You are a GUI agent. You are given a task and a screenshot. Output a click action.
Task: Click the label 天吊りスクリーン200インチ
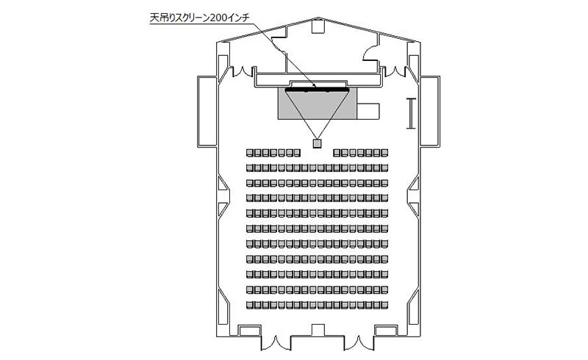click(x=199, y=18)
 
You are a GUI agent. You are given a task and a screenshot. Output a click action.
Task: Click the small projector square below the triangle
click(x=318, y=143)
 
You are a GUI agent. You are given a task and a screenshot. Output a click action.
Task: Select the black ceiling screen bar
click(x=318, y=89)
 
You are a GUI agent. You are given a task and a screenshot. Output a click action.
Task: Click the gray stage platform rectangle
click(x=318, y=104)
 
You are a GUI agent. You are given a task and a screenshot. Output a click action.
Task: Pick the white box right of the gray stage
click(x=368, y=111)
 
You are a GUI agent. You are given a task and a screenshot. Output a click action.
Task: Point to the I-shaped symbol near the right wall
click(x=412, y=113)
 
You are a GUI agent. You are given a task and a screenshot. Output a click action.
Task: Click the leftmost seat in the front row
click(x=250, y=153)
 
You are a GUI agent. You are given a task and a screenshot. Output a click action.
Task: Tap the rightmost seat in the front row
click(x=384, y=153)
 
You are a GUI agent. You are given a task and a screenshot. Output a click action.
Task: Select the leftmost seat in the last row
click(x=250, y=305)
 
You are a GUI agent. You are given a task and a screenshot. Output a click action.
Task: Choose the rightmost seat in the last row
click(x=384, y=305)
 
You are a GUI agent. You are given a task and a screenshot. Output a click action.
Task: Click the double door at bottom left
click(x=276, y=342)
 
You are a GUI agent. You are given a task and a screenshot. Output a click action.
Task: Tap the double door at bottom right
click(x=359, y=342)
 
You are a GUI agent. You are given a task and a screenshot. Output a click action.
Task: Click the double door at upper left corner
click(x=243, y=71)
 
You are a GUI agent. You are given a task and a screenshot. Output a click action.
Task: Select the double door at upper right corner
click(x=394, y=71)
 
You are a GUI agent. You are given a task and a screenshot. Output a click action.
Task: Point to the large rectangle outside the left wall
click(x=207, y=112)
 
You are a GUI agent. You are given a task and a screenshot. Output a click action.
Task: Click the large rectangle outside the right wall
click(x=430, y=112)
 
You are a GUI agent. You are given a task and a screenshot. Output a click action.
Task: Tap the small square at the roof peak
click(x=318, y=26)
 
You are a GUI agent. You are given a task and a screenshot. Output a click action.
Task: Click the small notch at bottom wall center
click(x=318, y=330)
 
